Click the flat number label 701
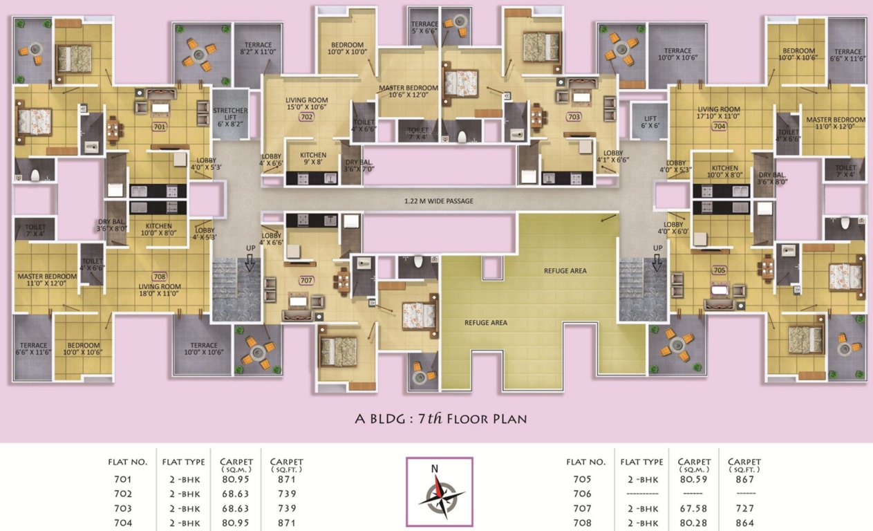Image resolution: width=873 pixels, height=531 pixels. [x=160, y=127]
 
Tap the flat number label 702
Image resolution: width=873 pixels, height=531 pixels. [x=307, y=117]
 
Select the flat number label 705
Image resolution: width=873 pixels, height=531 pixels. [x=719, y=270]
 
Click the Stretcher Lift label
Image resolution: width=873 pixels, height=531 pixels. [x=230, y=115]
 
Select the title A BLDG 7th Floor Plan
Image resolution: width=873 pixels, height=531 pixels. [x=441, y=418]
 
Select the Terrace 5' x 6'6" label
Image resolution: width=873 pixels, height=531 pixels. [x=424, y=28]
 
